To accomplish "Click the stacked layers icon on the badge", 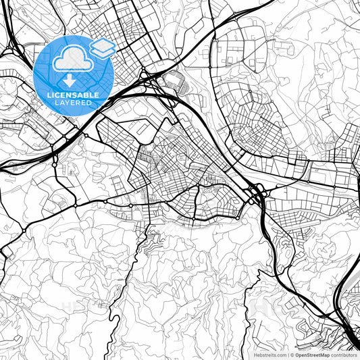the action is point(102,48).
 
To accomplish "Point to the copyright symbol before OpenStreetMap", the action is point(292,355).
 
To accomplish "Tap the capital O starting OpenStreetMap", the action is point(297,355).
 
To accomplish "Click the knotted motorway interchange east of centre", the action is point(257,194).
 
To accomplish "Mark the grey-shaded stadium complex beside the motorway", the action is point(174,81).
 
